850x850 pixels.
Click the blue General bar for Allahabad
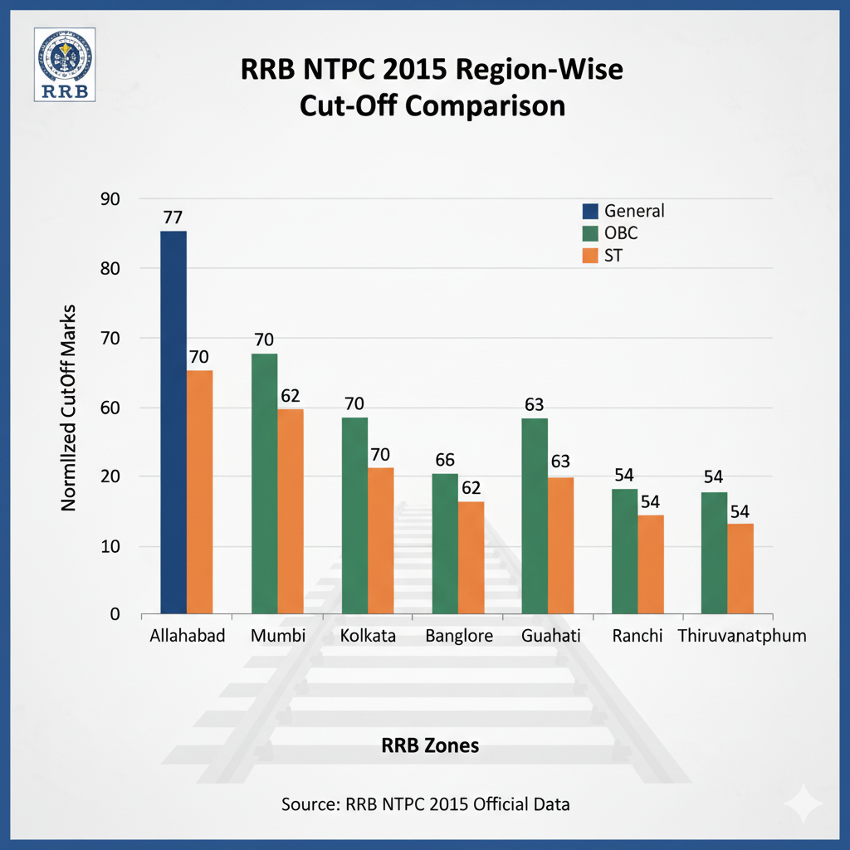click(x=173, y=423)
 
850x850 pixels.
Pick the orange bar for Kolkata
click(x=381, y=540)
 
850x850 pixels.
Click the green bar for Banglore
click(x=445, y=544)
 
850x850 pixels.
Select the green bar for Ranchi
click(x=624, y=551)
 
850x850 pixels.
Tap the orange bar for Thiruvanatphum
click(x=740, y=569)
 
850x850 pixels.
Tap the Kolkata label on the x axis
click(x=368, y=637)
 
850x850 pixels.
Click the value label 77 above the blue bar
click(x=173, y=218)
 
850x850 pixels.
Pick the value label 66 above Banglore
click(x=446, y=461)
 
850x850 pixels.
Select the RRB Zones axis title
click(x=430, y=745)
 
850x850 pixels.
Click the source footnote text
click(x=425, y=804)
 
